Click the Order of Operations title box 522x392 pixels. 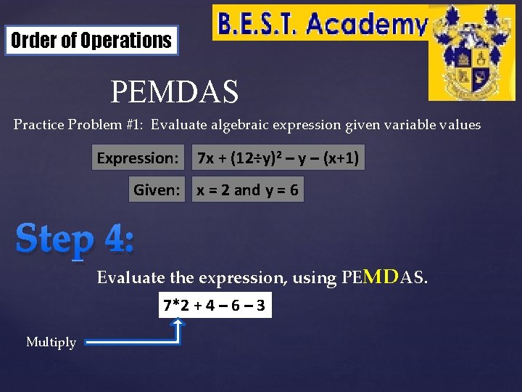(91, 41)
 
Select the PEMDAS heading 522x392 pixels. (174, 92)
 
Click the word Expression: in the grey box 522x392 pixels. (138, 158)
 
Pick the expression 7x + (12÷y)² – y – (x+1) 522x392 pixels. (278, 158)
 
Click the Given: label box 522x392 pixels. (157, 190)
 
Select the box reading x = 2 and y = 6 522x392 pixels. (247, 190)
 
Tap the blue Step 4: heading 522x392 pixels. (75, 238)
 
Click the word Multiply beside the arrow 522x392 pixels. (51, 342)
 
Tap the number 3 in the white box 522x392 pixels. (260, 306)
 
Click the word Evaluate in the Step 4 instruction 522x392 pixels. (123, 277)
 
